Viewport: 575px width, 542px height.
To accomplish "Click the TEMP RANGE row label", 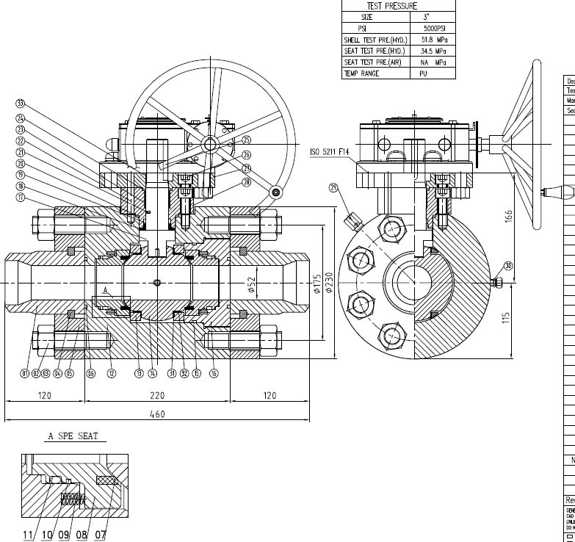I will coord(361,74).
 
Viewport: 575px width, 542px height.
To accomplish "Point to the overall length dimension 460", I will coord(157,414).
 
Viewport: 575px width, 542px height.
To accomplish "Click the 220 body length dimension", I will coord(157,395).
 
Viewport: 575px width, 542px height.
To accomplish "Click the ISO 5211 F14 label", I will coord(333,152).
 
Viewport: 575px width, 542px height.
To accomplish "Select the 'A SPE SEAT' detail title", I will coord(73,436).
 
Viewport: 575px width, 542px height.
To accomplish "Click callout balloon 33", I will coord(20,103).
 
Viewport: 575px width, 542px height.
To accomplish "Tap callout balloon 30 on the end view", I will coord(507,266).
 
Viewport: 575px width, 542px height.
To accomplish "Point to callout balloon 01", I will coord(25,373).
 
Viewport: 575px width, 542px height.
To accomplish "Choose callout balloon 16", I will coord(214,373).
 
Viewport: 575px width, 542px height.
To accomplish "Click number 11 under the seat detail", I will coord(28,535).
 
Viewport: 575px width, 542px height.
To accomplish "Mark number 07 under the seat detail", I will coord(99,535).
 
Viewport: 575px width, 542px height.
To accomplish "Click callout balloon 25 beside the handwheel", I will coord(246,140).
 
